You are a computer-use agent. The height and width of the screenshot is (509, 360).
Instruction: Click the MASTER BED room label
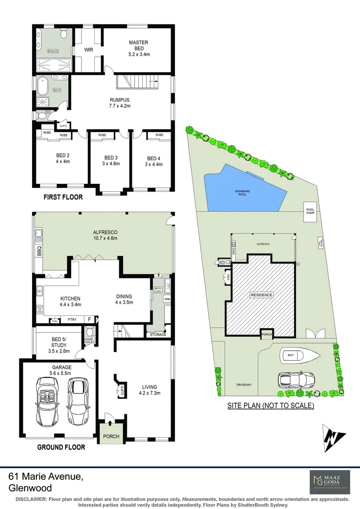(139, 46)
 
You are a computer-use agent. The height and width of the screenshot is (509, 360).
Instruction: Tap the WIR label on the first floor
(88, 49)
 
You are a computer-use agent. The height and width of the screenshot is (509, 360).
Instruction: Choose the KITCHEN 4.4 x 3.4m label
(71, 301)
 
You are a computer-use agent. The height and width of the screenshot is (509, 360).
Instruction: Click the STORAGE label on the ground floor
(158, 335)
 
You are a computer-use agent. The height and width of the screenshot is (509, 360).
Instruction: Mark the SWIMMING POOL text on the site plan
(244, 192)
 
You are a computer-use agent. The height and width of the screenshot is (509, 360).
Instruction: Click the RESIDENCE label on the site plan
(261, 295)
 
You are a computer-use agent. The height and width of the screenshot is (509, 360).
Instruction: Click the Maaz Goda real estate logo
(329, 481)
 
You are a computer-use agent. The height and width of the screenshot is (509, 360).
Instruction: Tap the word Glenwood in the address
(30, 488)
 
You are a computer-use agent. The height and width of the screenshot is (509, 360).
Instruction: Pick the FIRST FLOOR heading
(63, 197)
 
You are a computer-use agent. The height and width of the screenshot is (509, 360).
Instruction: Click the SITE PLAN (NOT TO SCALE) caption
(270, 405)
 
